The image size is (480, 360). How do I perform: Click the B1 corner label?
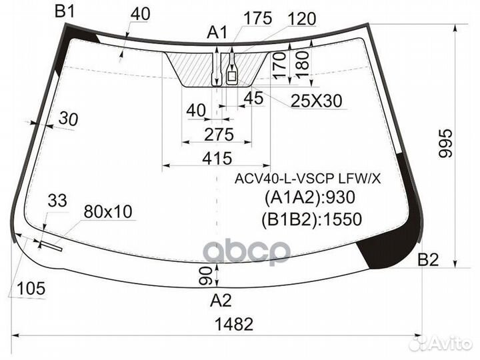coord(65,11)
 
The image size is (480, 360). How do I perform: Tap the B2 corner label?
coord(428,259)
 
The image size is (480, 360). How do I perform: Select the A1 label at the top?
coord(217,32)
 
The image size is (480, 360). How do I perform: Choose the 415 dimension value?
coord(217,158)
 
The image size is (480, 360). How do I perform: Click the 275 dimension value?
coord(219,135)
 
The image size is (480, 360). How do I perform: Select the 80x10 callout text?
coord(108,211)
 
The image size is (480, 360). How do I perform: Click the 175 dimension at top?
coord(257,18)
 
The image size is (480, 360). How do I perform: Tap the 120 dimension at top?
coord(301,18)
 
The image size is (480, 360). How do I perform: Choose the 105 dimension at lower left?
coord(31,289)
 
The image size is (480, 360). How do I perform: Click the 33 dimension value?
coord(57,200)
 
